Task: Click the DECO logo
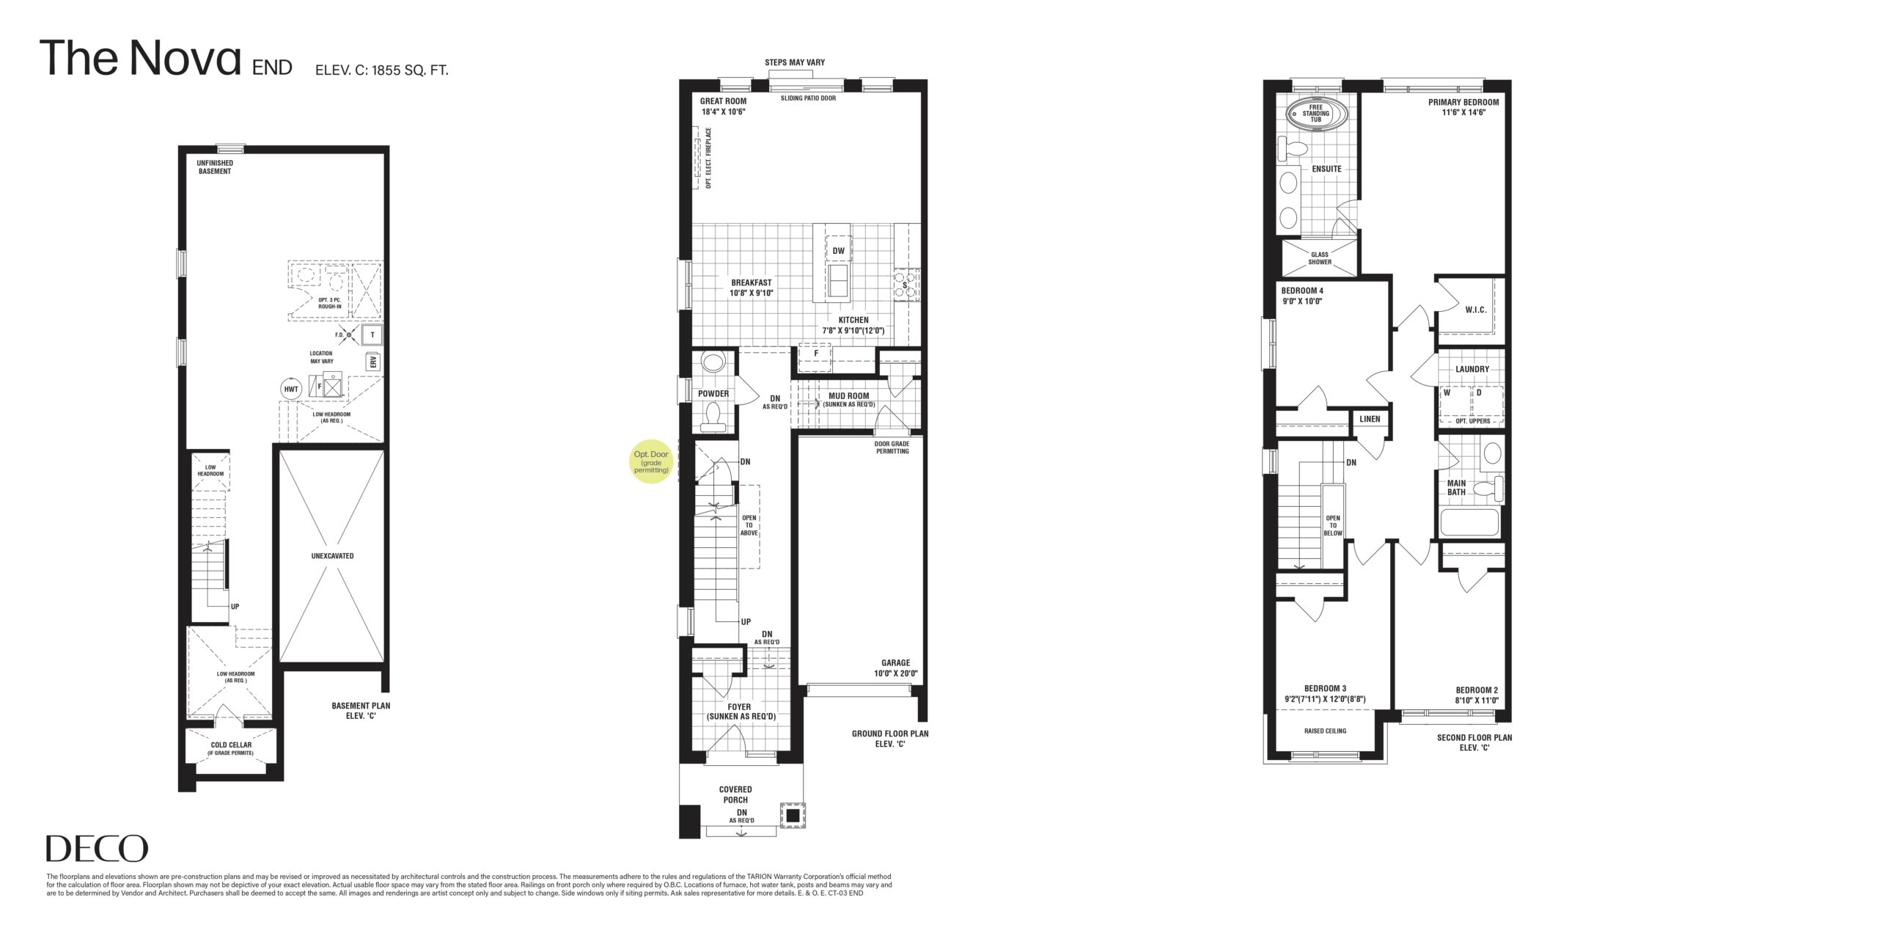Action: click(x=97, y=849)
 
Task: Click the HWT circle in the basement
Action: click(x=291, y=390)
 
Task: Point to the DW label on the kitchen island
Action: click(x=839, y=251)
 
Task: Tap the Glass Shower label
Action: click(x=1320, y=258)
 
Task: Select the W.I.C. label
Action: click(x=1476, y=310)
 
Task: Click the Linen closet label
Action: click(x=1370, y=420)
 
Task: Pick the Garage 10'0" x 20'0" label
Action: click(x=895, y=668)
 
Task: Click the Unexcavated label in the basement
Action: click(x=332, y=555)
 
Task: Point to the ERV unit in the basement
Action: click(x=372, y=362)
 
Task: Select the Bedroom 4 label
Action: click(x=1302, y=295)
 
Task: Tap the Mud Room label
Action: click(x=848, y=400)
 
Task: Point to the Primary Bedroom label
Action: click(x=1463, y=107)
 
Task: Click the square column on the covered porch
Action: click(x=793, y=816)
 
